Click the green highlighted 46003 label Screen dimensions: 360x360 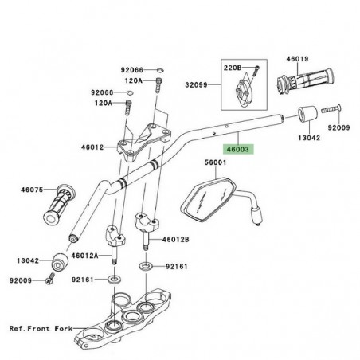click(x=238, y=149)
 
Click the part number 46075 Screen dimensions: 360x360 click(x=31, y=190)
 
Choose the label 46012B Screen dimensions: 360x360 click(x=175, y=240)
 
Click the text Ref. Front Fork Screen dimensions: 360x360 click(x=41, y=327)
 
